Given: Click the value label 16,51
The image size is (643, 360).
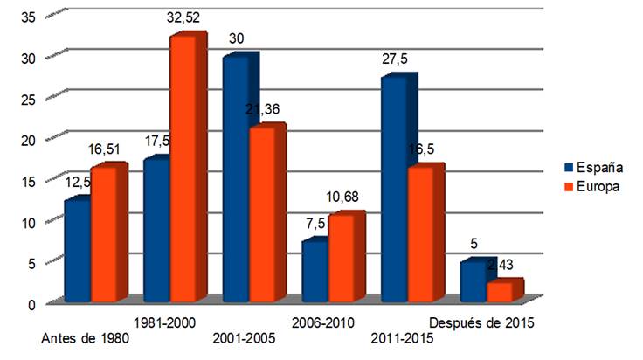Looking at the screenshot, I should pyautogui.click(x=107, y=149).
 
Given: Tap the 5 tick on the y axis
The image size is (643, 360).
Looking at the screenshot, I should pyautogui.click(x=31, y=263).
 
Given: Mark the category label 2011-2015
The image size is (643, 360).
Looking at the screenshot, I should pyautogui.click(x=403, y=339).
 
